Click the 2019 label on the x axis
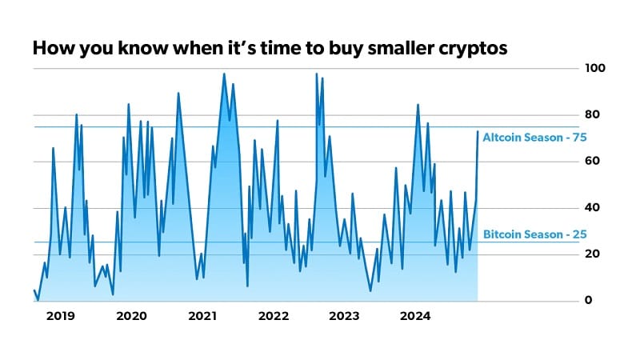(x=61, y=316)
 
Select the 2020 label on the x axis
(x=131, y=316)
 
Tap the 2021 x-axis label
(x=203, y=316)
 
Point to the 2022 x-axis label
(x=274, y=316)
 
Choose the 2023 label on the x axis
(x=344, y=316)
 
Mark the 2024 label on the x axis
(x=415, y=316)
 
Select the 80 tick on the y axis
(x=590, y=115)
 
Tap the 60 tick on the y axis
(x=590, y=162)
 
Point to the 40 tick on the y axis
(x=590, y=208)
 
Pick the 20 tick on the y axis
(x=590, y=254)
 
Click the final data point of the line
(x=478, y=131)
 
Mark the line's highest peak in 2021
(x=223, y=74)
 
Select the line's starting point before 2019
(x=34, y=290)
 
